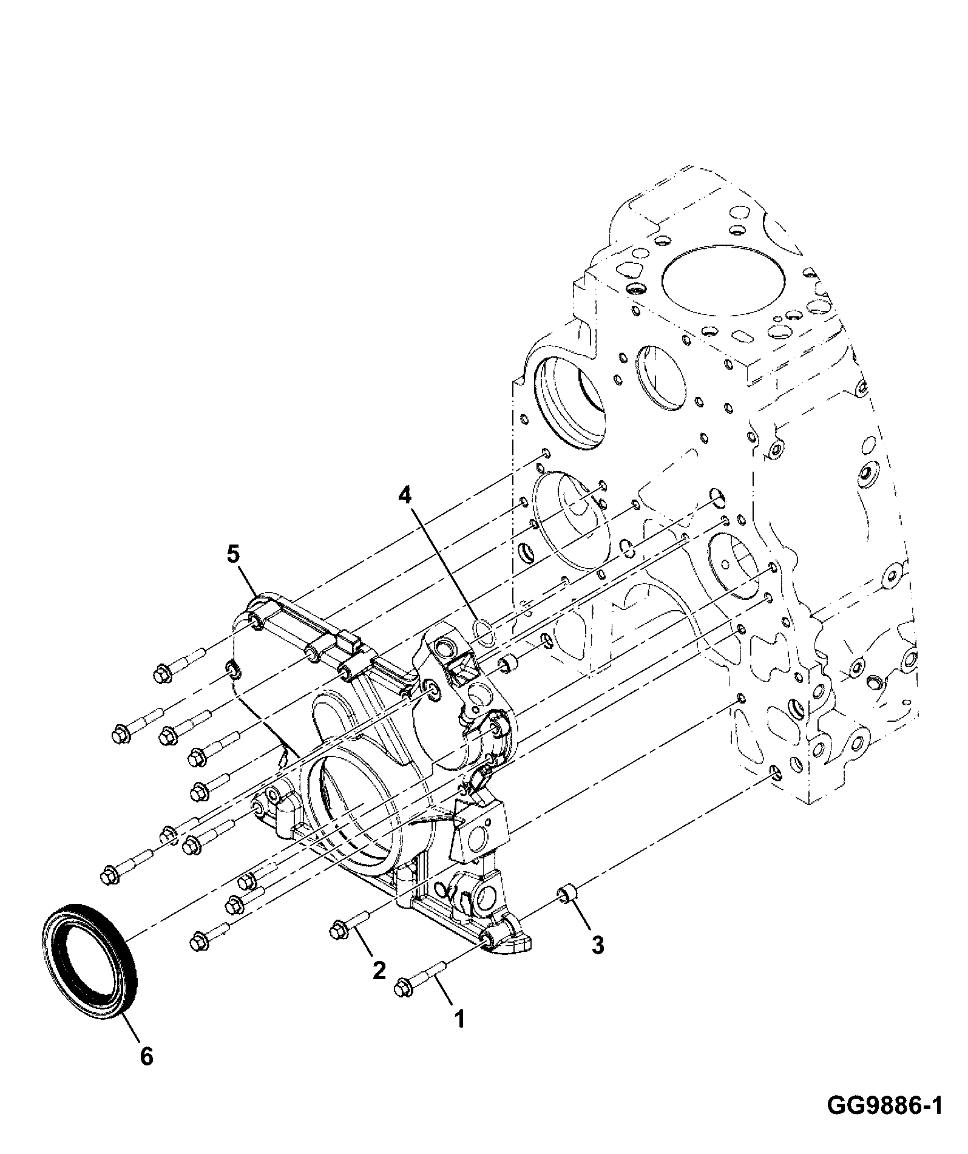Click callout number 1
coord(460,1019)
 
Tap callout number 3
coord(598,944)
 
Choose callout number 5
coord(233,554)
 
